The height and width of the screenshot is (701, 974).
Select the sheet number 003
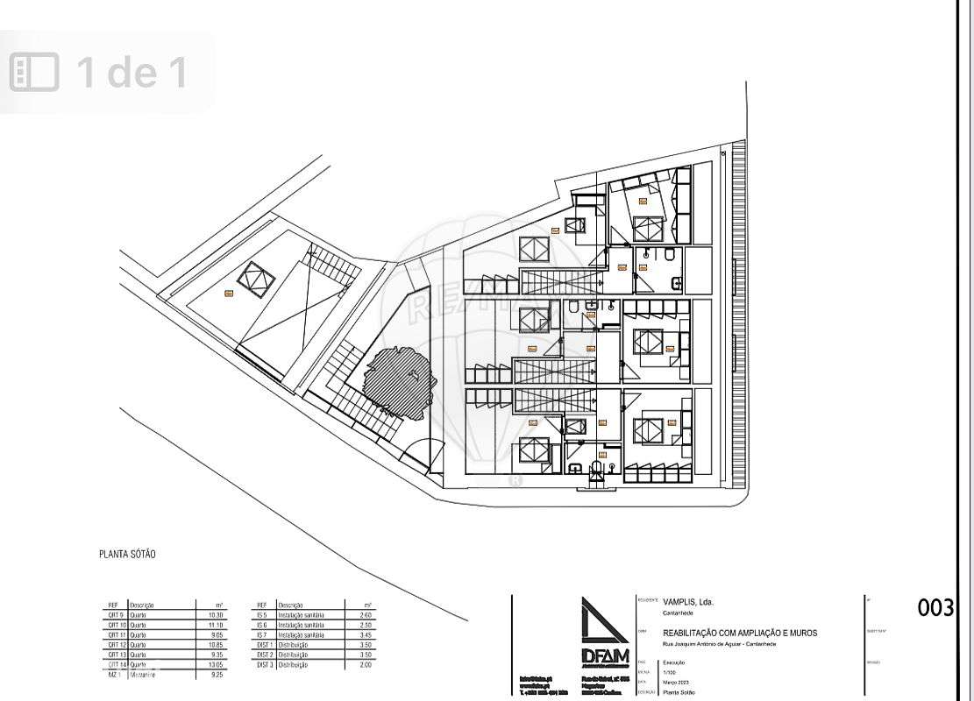coord(935,607)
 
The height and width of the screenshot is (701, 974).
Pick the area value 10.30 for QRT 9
coord(216,615)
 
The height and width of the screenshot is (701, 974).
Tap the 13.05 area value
coord(216,665)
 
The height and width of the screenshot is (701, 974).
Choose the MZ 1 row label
coord(114,675)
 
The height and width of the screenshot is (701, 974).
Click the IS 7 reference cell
coord(261,634)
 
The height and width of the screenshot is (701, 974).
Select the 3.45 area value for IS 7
coord(366,634)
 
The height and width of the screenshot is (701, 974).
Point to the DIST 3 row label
coord(266,665)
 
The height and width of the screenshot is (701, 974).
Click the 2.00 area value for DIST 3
coord(366,665)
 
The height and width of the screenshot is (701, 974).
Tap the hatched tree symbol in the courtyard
coord(398,381)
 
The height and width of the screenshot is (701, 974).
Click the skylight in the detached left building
coord(257,280)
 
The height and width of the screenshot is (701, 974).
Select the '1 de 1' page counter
coord(132,72)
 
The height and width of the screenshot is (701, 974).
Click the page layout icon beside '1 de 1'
coord(34,72)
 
